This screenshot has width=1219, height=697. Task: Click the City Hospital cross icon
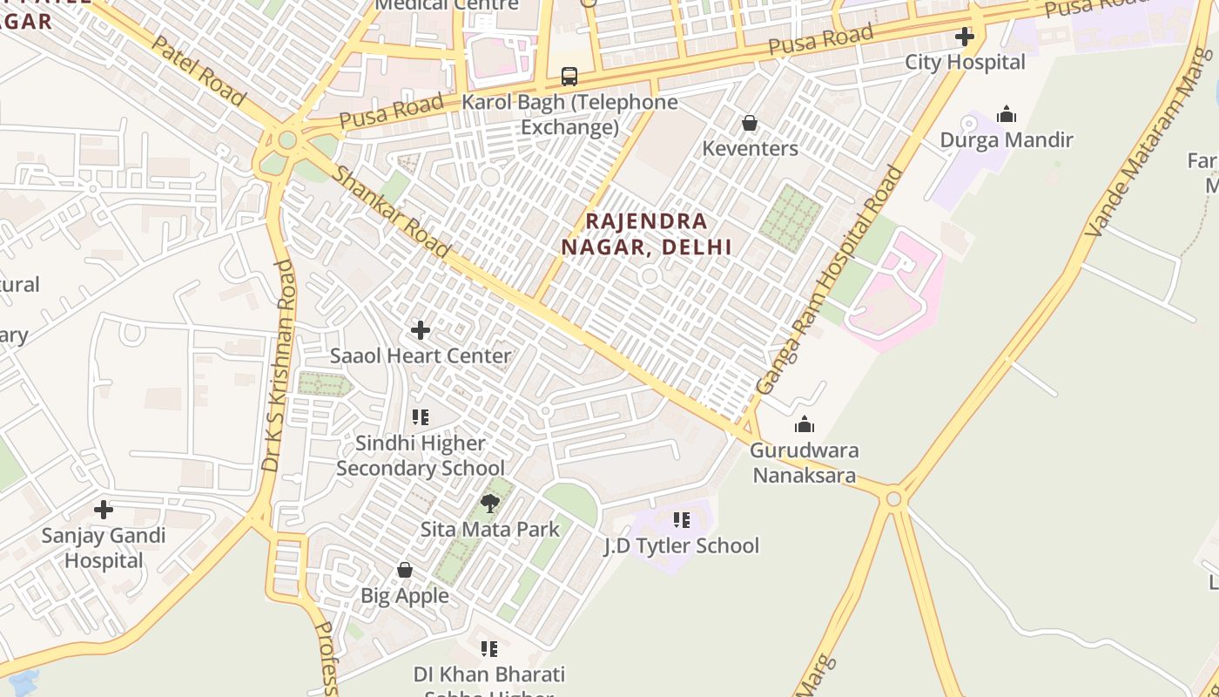(x=964, y=37)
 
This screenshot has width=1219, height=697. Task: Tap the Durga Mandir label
(x=1006, y=139)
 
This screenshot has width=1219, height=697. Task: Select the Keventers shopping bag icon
(x=749, y=123)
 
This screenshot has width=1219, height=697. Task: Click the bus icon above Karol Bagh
(x=569, y=77)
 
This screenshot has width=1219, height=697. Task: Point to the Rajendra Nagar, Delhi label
(x=646, y=233)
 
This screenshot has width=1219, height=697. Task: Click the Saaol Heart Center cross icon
(x=421, y=330)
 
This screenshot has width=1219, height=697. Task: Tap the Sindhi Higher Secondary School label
(x=421, y=456)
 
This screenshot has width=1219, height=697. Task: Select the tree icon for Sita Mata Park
(x=490, y=503)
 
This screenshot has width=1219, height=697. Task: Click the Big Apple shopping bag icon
(x=405, y=570)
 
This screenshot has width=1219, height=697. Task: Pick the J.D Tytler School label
(x=681, y=546)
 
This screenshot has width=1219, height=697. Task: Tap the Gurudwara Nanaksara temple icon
(x=805, y=424)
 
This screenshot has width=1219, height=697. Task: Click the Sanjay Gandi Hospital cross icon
(x=104, y=510)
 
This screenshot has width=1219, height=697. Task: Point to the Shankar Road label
(x=392, y=212)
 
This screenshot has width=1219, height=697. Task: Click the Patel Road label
(x=198, y=71)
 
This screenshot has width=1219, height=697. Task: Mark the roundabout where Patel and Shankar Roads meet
(x=286, y=138)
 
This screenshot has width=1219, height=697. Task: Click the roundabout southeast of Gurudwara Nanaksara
(x=893, y=498)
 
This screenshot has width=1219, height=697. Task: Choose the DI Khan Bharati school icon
(x=489, y=649)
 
